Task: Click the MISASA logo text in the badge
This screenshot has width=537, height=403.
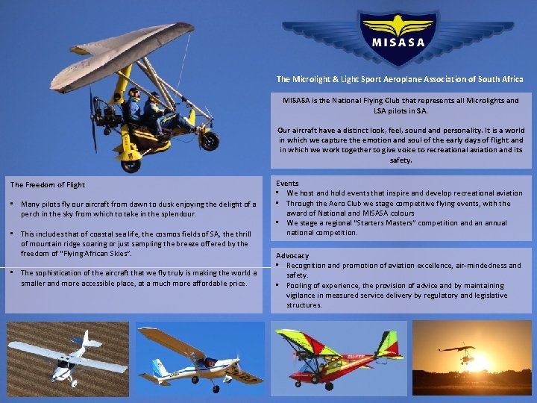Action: point(399,42)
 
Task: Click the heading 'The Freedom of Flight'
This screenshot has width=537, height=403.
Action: point(48,185)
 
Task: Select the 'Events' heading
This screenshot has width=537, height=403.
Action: point(287,183)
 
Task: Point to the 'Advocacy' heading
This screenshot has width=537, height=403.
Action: point(292,256)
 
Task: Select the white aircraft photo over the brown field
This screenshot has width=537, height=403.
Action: point(68,358)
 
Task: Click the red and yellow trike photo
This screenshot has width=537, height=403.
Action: point(338,358)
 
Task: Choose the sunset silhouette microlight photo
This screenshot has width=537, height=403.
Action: point(472,358)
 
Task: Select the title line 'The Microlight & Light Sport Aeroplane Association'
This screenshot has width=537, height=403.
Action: point(399,79)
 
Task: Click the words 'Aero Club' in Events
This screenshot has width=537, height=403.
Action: point(350,203)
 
